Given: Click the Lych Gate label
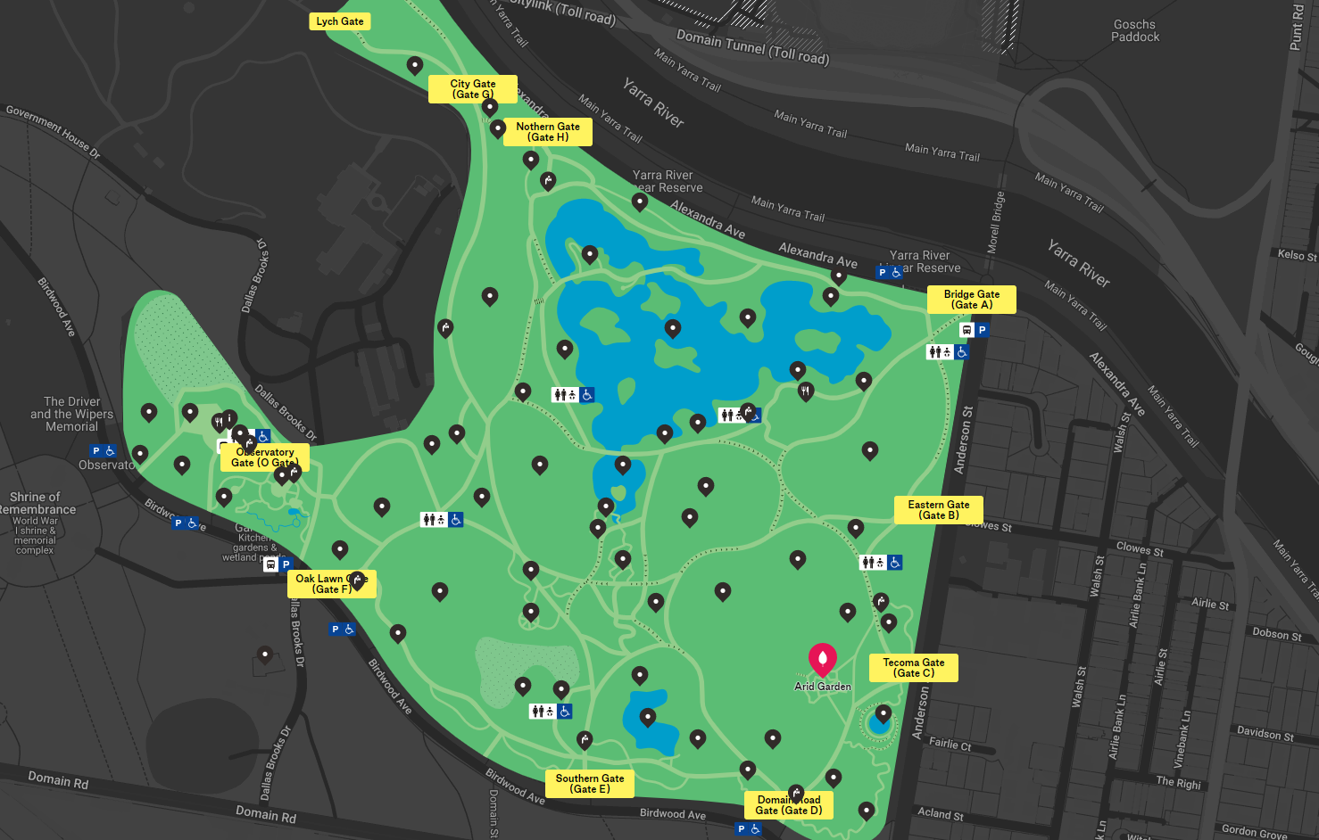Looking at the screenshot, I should (339, 21).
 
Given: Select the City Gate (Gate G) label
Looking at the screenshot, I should (472, 89).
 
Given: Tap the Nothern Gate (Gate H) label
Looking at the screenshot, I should (548, 132).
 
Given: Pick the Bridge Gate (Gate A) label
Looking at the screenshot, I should (971, 300).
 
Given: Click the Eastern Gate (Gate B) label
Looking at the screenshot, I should (938, 510).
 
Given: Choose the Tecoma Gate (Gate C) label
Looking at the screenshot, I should (913, 668).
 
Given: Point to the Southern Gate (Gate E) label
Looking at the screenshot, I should (589, 784).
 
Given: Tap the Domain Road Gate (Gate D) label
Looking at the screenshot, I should (788, 805).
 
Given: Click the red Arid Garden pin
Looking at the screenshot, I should (822, 659).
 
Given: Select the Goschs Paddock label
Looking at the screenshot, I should (1135, 31).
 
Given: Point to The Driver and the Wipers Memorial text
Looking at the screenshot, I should (71, 414).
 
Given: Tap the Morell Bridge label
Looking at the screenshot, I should (996, 223).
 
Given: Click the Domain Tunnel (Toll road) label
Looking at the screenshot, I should (752, 46).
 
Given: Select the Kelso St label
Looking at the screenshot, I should (1297, 255).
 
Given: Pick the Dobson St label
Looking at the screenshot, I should (1276, 635).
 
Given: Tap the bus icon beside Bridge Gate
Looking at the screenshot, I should (966, 330).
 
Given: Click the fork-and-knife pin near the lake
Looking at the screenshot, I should (806, 391).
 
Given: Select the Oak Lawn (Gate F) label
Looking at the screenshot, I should (331, 584).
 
